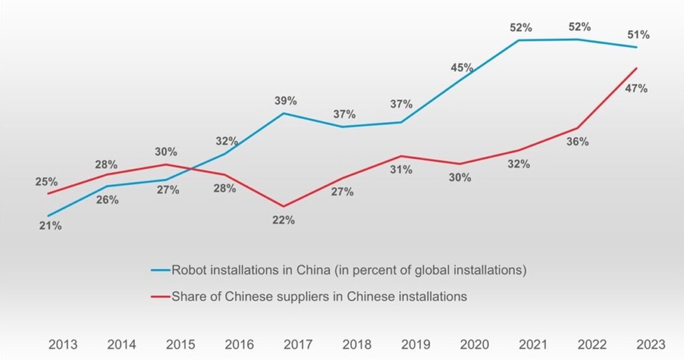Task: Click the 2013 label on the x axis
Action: (63, 345)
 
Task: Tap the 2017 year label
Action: (298, 345)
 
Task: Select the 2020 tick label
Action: (474, 345)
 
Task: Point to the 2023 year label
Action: (651, 345)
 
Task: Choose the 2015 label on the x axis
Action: (180, 345)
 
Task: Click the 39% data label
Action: (285, 101)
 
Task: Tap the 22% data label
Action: (283, 220)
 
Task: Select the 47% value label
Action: (635, 88)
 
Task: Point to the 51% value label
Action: (638, 35)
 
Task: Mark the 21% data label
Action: (50, 226)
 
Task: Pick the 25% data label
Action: (46, 182)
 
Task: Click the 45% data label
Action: (462, 67)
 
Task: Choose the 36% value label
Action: (577, 142)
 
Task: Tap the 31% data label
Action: (401, 170)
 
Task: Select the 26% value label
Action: (107, 200)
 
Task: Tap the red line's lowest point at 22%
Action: (283, 206)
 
